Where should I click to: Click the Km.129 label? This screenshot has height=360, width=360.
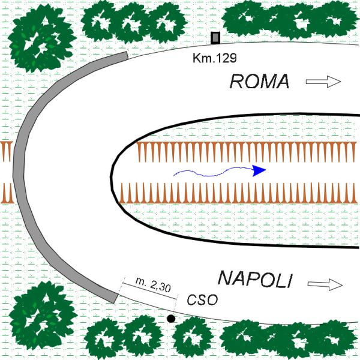click(x=214, y=58)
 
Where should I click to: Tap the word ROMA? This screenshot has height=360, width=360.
click(x=259, y=82)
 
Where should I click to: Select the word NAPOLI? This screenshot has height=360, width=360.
click(x=256, y=280)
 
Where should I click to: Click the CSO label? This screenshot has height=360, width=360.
click(x=202, y=299)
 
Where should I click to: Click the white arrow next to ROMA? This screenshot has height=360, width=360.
click(x=323, y=82)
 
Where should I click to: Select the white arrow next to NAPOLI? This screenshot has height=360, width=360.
click(x=325, y=284)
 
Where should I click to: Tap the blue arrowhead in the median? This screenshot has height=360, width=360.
click(x=259, y=170)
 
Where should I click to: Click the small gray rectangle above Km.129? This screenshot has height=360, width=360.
click(x=215, y=38)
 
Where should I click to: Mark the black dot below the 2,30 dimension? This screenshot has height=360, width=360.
click(x=171, y=319)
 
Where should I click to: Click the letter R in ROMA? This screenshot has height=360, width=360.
click(x=236, y=82)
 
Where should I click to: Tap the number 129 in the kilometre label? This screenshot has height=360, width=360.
click(x=226, y=58)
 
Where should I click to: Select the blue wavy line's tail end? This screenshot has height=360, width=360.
click(x=174, y=175)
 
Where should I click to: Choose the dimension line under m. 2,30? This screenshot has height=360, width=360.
click(x=150, y=291)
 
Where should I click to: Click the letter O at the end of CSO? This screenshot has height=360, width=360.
click(x=212, y=300)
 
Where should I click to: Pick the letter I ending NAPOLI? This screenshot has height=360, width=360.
click(x=290, y=281)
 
